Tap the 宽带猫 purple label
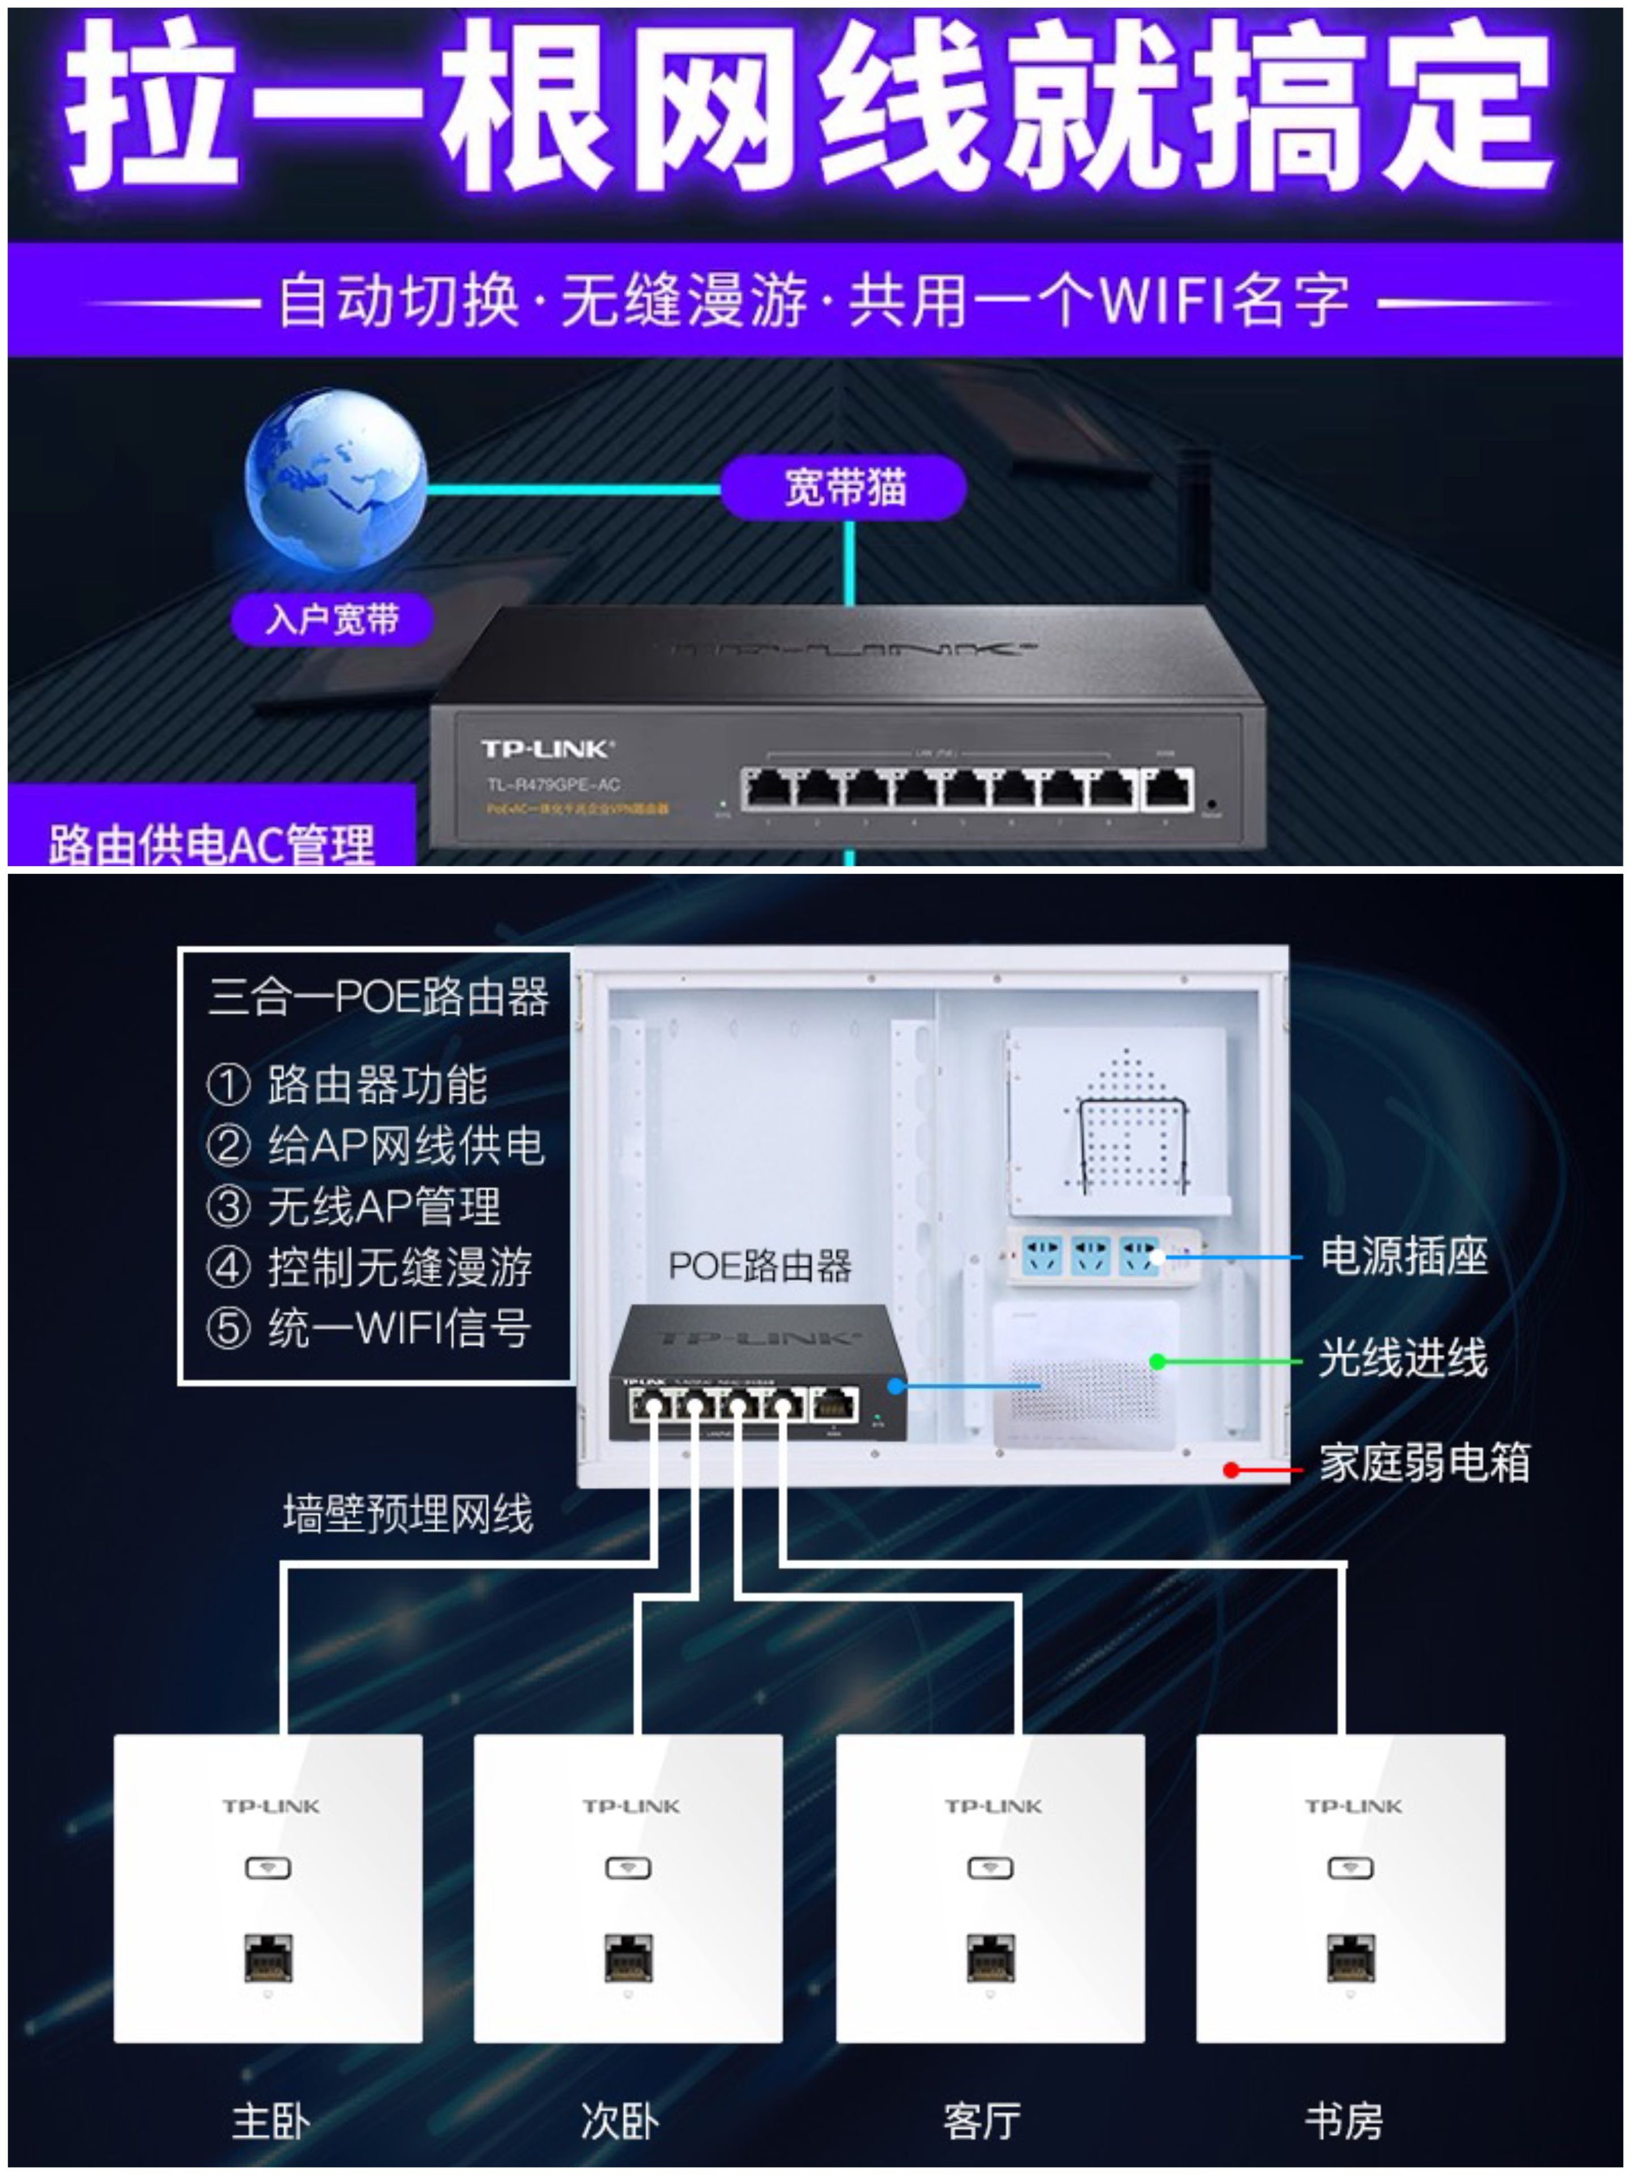click(843, 488)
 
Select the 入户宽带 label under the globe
click(332, 620)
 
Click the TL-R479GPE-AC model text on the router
click(553, 784)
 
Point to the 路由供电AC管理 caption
click(211, 843)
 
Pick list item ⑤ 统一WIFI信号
click(370, 1328)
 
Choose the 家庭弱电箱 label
click(1424, 1462)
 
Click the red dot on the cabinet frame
click(1230, 1470)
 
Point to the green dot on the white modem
click(1157, 1362)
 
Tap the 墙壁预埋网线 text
click(408, 1514)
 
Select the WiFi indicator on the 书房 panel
click(1351, 1867)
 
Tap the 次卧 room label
click(620, 2121)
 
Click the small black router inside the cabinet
click(755, 1372)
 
